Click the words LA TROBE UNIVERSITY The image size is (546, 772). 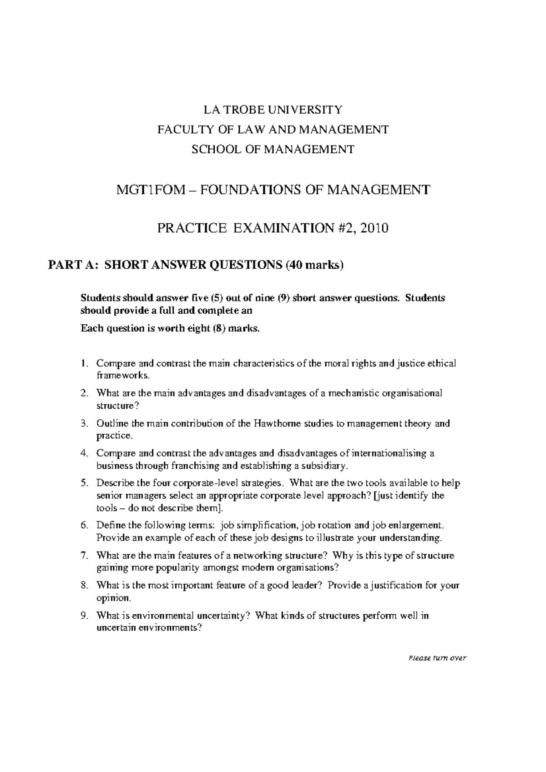click(x=273, y=110)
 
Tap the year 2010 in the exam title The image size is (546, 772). click(x=374, y=228)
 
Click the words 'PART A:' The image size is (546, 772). click(x=73, y=266)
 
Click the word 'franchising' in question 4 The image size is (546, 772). click(x=194, y=466)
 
